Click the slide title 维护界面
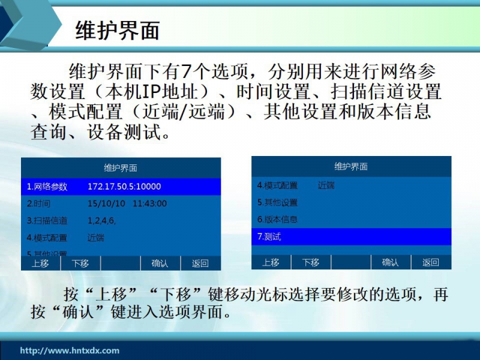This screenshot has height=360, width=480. click(117, 31)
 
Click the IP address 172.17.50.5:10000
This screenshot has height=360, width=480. click(124, 187)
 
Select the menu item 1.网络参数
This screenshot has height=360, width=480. click(47, 187)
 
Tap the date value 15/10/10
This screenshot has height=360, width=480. click(106, 203)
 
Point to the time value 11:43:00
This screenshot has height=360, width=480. click(149, 203)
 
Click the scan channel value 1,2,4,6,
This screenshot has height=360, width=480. click(101, 221)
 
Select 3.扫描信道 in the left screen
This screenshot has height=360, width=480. click(47, 221)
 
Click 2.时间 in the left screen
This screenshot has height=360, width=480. click(38, 203)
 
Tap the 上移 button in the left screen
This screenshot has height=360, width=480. click(41, 263)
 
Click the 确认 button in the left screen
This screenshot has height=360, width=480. click(160, 263)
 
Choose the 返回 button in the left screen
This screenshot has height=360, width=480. click(200, 263)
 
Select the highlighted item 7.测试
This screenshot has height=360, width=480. click(269, 236)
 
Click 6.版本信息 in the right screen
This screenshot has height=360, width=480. click(277, 220)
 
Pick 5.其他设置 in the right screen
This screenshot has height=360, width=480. click(277, 202)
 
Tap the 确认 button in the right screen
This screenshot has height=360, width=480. click(391, 262)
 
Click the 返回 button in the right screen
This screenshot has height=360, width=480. click(431, 262)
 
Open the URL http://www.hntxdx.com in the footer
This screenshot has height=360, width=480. click(70, 350)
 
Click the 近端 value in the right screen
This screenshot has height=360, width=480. click(326, 185)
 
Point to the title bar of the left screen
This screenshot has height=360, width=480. click(121, 168)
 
